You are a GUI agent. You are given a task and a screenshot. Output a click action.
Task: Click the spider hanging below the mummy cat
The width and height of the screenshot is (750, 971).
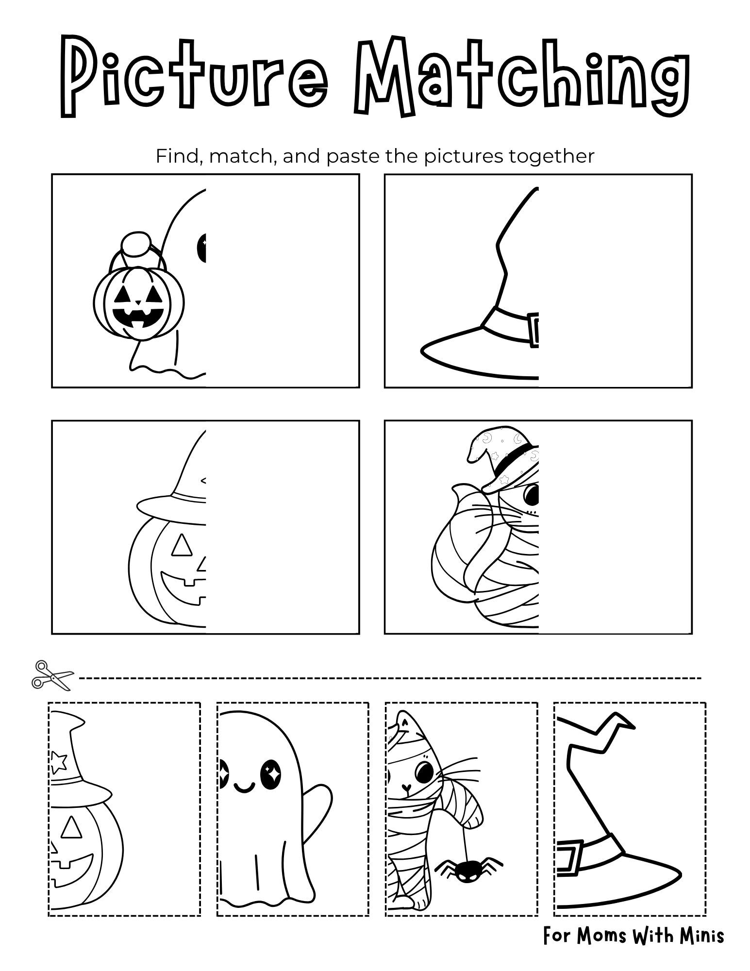(x=468, y=868)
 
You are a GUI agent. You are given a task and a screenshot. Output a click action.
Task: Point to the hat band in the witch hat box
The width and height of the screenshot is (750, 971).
(x=510, y=324)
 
